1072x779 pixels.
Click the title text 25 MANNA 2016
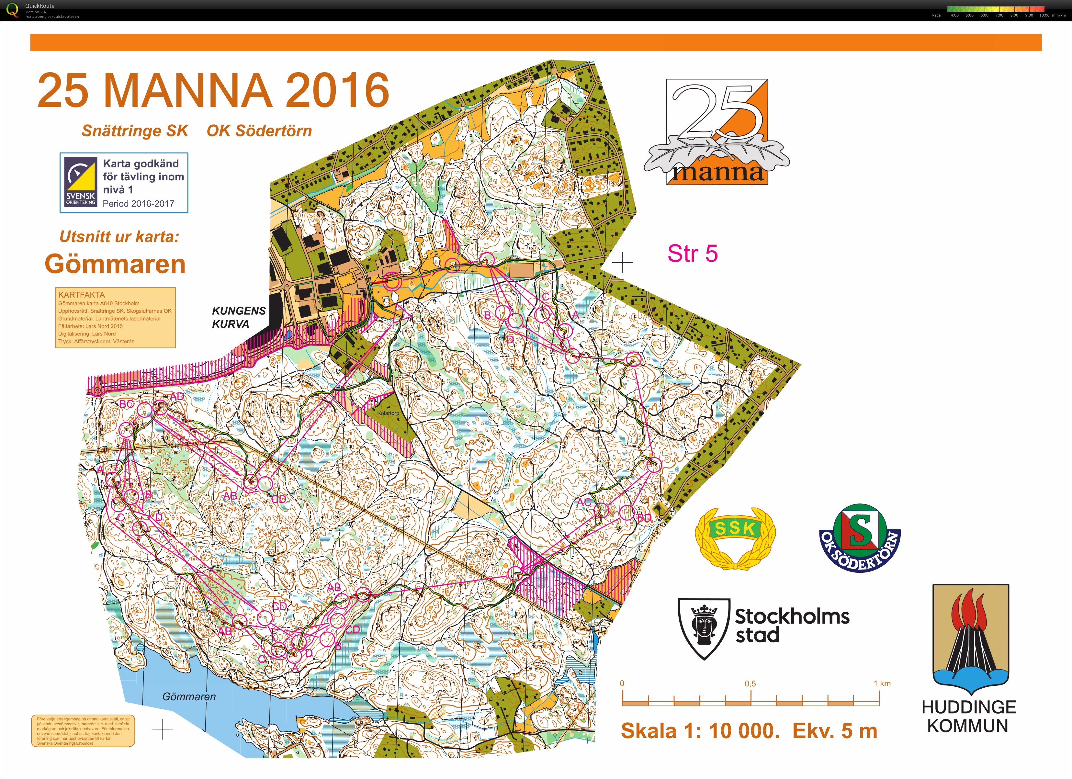click(213, 90)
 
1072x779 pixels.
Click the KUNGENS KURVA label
click(239, 317)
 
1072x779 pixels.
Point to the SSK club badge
click(735, 537)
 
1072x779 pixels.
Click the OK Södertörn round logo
click(860, 537)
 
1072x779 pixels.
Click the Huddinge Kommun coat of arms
click(970, 639)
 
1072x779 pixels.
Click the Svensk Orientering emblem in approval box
click(81, 183)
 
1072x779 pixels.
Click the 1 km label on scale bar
click(882, 683)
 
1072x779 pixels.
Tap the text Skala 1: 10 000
click(700, 731)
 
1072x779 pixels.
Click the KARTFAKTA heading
click(81, 295)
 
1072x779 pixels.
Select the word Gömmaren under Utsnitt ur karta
click(115, 264)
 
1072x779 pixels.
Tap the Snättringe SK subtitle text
click(135, 131)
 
